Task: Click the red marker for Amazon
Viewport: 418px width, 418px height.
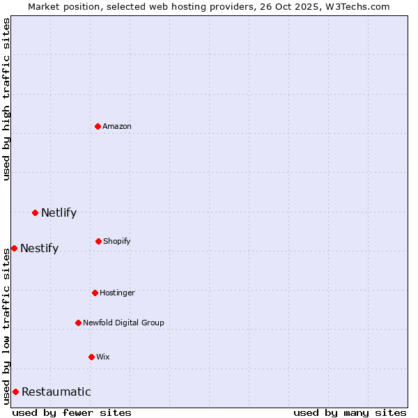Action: pyautogui.click(x=98, y=126)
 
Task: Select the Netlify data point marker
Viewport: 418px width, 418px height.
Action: pyautogui.click(x=35, y=212)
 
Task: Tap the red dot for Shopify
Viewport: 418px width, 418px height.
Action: pyautogui.click(x=98, y=241)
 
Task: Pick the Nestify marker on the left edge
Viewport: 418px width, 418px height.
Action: pyautogui.click(x=14, y=248)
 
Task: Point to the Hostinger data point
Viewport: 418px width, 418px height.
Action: pyautogui.click(x=95, y=293)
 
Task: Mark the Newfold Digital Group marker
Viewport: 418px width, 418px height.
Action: pyautogui.click(x=78, y=323)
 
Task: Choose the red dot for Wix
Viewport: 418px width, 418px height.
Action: pyautogui.click(x=91, y=357)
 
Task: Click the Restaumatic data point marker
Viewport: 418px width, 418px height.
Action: pyautogui.click(x=15, y=392)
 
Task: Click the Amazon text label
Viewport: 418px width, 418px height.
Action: pyautogui.click(x=117, y=126)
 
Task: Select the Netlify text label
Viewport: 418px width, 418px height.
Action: pyautogui.click(x=59, y=212)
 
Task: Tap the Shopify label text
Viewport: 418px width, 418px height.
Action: pyautogui.click(x=117, y=241)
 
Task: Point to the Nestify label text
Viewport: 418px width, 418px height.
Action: pyautogui.click(x=39, y=248)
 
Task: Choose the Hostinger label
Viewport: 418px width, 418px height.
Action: pyautogui.click(x=117, y=293)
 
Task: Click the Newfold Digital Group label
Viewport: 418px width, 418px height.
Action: pyautogui.click(x=123, y=323)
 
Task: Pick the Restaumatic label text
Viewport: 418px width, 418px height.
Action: pyautogui.click(x=56, y=392)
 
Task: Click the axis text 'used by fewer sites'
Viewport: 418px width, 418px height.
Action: pyautogui.click(x=72, y=412)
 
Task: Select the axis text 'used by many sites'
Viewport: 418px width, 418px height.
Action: pyautogui.click(x=350, y=412)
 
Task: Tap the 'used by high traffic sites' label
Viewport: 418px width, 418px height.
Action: pyautogui.click(x=6, y=99)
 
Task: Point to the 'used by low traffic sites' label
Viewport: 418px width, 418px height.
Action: pyautogui.click(x=6, y=325)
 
